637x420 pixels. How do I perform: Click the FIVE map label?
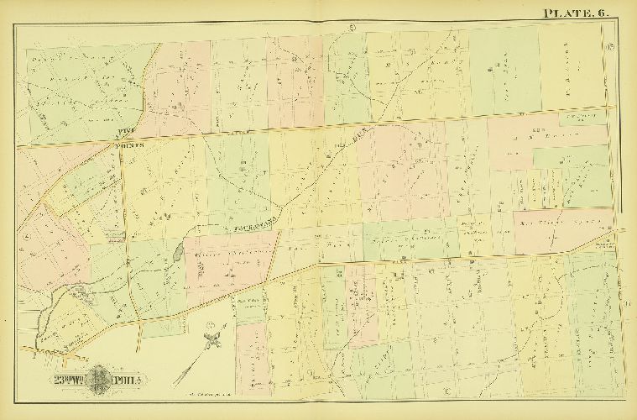(124, 131)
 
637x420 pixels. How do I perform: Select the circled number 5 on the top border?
(352, 31)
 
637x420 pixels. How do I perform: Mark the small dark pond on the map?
(176, 251)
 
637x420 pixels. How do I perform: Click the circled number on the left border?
(28, 238)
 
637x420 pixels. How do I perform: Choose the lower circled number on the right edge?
(629, 302)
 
